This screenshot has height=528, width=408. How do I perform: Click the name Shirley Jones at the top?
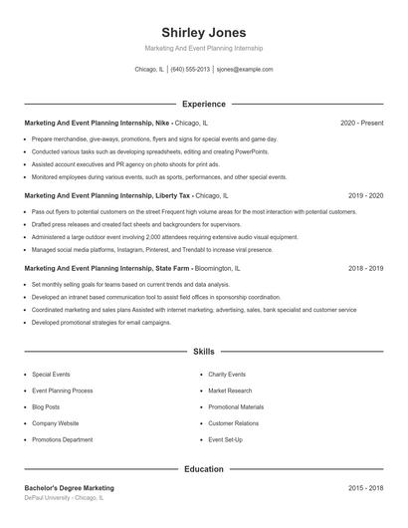pos(203,33)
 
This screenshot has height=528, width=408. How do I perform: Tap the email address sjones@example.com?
pos(245,70)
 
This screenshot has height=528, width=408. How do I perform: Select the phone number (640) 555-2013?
pos(190,70)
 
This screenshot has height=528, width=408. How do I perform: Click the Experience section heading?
pos(203,104)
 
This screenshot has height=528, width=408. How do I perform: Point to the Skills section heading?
pos(203,352)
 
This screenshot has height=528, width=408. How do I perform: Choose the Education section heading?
pos(203,468)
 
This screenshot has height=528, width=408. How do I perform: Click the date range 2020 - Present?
pos(361,123)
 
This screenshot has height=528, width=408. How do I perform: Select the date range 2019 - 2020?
pos(365,196)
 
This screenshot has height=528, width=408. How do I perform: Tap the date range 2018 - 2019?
pos(365,268)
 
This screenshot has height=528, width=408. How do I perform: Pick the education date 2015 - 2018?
pos(365,488)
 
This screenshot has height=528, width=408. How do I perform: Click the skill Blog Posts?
pos(46,406)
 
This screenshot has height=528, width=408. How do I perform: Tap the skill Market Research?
pos(231,391)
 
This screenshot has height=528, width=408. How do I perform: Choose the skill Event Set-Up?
pos(227,439)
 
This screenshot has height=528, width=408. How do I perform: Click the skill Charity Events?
pos(228,374)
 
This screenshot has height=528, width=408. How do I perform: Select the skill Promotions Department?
pos(62,439)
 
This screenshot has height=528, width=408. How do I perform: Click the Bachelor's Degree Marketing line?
pos(69,488)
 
